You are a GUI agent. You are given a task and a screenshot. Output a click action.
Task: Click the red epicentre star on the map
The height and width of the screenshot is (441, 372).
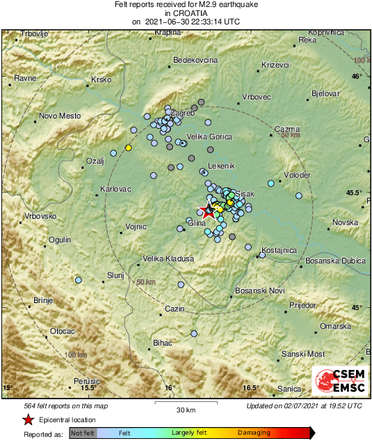coord(207,212)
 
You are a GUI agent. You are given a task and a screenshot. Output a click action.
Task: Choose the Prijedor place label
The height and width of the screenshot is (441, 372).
coord(302,305)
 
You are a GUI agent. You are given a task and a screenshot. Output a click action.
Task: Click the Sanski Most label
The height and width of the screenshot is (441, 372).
coord(305,354)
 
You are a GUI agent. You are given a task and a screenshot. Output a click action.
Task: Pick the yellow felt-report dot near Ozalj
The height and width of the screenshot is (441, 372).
coord(128,148)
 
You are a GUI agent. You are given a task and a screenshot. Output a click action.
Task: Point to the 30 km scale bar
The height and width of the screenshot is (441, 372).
coord(185,403)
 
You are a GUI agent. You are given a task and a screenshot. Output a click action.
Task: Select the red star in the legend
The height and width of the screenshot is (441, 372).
coord(28,419)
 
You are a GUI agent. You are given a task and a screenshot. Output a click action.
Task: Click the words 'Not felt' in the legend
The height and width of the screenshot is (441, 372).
coord(82,433)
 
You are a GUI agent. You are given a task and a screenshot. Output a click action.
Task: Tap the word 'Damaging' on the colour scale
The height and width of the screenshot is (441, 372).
coord(254,433)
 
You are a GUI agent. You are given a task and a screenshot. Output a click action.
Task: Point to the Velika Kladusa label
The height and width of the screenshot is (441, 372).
coord(168,258)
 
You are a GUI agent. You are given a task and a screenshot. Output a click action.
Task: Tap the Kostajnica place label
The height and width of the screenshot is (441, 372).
coord(280,250)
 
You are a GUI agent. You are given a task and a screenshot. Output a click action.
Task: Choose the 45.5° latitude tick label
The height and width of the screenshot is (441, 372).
coord(355,192)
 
